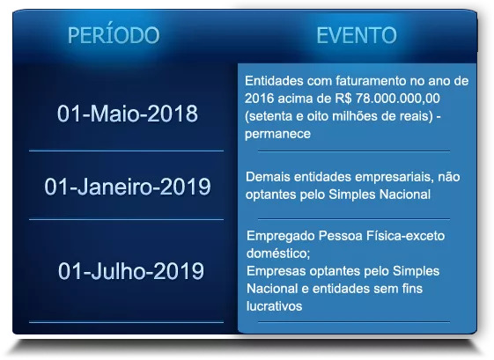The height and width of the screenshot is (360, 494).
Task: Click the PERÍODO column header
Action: (114, 34)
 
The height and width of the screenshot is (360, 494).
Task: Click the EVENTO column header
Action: (357, 35)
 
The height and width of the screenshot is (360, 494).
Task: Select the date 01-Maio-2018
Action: (128, 114)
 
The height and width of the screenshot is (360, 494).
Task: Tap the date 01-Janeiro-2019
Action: (128, 187)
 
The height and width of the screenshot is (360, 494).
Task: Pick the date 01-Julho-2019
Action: (130, 271)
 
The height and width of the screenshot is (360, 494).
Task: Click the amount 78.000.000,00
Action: (398, 99)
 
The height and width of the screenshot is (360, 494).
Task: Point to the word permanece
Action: (277, 134)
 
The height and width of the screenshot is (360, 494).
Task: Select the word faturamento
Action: (371, 81)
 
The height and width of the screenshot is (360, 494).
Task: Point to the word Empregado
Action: (280, 236)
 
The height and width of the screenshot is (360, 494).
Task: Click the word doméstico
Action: (278, 253)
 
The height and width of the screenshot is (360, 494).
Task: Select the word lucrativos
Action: (274, 306)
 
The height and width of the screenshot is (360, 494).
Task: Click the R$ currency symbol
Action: (343, 99)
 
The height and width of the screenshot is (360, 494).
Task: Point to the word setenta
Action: (269, 116)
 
